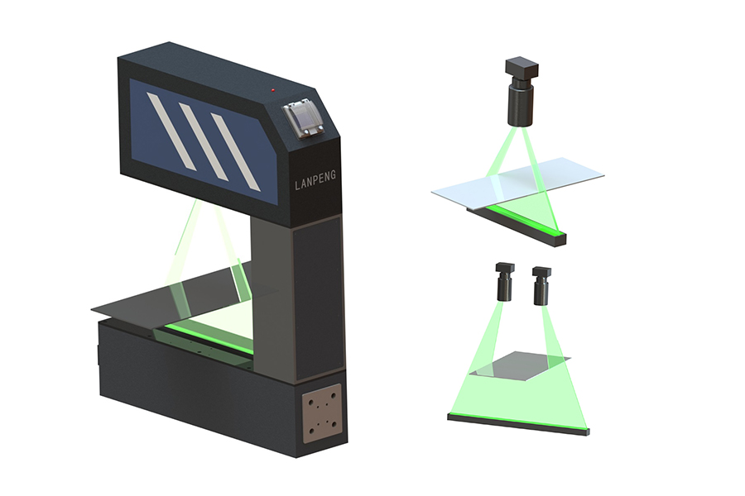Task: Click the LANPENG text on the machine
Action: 315,180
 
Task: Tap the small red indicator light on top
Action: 272,89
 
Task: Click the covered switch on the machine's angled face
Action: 305,120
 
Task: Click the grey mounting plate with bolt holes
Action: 323,413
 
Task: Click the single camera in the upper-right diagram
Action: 521,92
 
